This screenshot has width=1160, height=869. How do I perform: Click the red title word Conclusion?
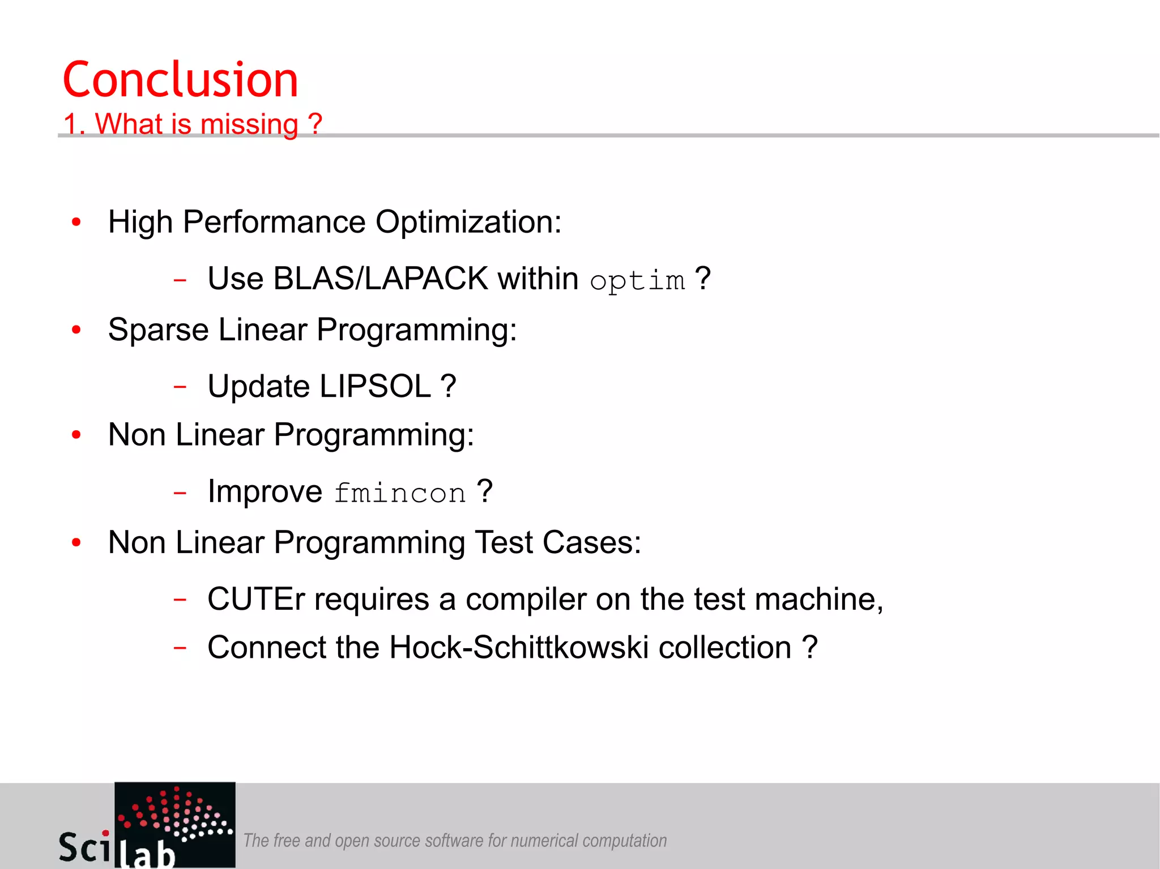(x=180, y=80)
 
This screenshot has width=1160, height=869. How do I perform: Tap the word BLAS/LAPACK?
(x=380, y=279)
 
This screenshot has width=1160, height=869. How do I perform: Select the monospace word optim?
(x=637, y=281)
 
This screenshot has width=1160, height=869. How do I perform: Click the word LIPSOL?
(x=375, y=386)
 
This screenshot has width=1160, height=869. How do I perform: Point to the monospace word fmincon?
(x=399, y=493)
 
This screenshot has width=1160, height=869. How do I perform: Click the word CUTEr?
(x=256, y=599)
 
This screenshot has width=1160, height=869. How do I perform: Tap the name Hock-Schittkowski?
(x=518, y=647)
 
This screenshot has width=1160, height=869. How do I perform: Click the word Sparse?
(x=158, y=329)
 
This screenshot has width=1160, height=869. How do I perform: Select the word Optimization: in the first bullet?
(x=468, y=222)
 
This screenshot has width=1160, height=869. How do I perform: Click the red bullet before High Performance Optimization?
(x=76, y=222)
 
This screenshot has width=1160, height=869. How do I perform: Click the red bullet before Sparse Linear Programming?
(x=76, y=329)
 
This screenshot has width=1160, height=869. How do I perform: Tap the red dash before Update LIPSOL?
(x=180, y=387)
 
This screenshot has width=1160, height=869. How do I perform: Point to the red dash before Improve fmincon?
(x=180, y=493)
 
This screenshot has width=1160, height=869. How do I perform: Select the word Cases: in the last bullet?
(x=591, y=542)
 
